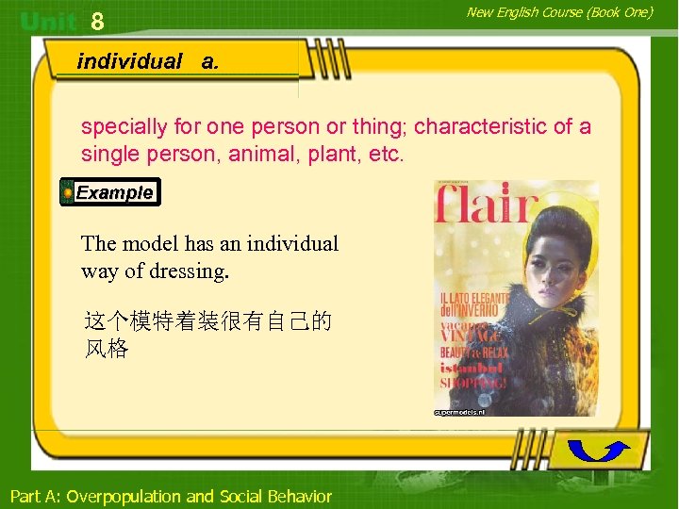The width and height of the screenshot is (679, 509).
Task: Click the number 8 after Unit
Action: click(x=97, y=20)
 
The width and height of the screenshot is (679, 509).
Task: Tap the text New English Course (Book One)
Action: click(x=559, y=12)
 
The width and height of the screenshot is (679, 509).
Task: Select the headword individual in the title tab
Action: click(x=129, y=62)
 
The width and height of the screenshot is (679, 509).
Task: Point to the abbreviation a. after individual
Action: click(x=209, y=62)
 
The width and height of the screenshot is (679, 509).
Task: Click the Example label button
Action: click(x=114, y=192)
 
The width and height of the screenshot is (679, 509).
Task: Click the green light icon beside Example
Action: click(x=68, y=192)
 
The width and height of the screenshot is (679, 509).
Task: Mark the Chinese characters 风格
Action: click(x=106, y=349)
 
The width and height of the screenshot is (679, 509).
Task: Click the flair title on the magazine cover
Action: click(x=486, y=205)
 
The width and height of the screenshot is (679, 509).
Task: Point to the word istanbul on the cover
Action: click(x=472, y=368)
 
